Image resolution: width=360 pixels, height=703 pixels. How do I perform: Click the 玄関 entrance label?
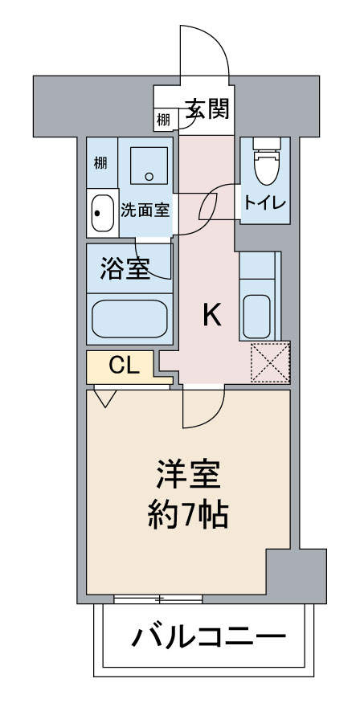[207, 108]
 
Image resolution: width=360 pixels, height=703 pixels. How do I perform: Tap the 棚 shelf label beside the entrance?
[163, 120]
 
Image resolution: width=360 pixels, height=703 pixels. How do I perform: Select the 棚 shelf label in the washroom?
[100, 162]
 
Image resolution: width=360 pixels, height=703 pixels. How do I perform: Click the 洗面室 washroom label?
[145, 210]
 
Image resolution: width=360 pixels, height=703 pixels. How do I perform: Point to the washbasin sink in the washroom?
[102, 214]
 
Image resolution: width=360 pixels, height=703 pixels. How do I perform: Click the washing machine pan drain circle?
[149, 177]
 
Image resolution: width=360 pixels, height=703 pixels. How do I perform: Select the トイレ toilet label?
[265, 203]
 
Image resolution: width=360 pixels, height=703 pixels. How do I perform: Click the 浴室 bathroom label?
[125, 269]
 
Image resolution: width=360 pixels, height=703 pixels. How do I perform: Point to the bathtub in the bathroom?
[129, 319]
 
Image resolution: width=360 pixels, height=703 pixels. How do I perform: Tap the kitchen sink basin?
[256, 317]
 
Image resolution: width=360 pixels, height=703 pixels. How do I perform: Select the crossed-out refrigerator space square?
[270, 362]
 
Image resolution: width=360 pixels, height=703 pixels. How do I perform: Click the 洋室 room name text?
[188, 475]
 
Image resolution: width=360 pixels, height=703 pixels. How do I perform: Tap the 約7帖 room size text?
[188, 514]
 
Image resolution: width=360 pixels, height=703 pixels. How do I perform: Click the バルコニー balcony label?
[208, 636]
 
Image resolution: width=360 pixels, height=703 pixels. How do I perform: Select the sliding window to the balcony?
[158, 599]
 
